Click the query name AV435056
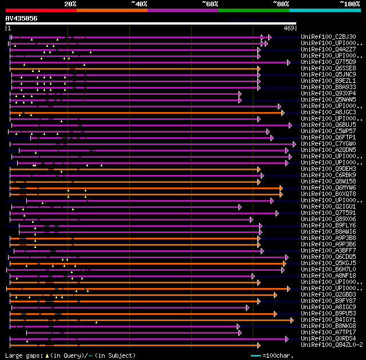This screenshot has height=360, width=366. (x=22, y=18)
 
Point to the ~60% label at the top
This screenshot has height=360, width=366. (x=210, y=4)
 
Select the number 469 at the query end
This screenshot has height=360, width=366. (x=289, y=28)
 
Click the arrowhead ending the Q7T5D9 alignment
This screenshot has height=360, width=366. (x=289, y=62)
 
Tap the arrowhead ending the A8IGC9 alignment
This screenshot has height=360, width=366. (x=247, y=307)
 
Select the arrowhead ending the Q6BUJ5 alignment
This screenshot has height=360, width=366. (x=291, y=125)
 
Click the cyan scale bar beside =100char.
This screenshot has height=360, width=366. (x=256, y=356)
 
